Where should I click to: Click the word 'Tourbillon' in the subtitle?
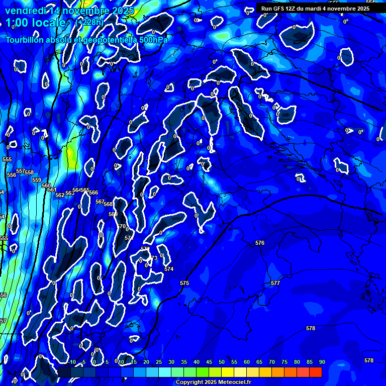(x=28, y=40)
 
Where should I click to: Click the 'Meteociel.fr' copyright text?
(x=235, y=382)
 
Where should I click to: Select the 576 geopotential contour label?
(x=260, y=243)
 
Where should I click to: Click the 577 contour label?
(x=275, y=283)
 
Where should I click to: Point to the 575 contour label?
(x=184, y=283)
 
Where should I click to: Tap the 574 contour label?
(x=169, y=269)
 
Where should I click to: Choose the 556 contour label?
(x=12, y=175)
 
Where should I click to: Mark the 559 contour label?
(x=37, y=180)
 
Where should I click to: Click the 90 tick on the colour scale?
(x=322, y=362)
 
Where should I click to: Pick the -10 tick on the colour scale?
(x=71, y=362)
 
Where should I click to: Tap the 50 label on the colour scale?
(x=222, y=362)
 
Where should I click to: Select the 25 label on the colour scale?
(x=159, y=362)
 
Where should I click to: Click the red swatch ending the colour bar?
(x=316, y=372)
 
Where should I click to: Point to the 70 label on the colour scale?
(x=272, y=362)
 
